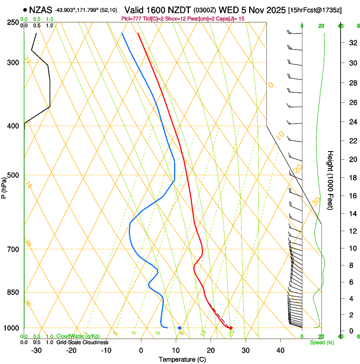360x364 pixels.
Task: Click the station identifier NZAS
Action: (41, 9)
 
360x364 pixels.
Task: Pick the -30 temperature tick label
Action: (36, 350)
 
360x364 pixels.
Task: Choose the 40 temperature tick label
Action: (280, 350)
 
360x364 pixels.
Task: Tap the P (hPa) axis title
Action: (4, 185)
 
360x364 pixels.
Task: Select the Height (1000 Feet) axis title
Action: (330, 180)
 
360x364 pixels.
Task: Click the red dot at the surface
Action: (230, 328)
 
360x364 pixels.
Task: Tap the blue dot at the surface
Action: (180, 328)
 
